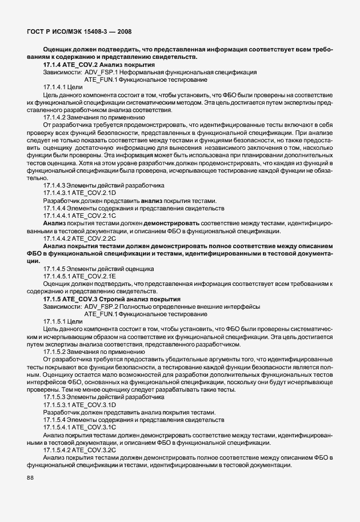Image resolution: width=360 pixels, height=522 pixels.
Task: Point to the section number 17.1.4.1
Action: coord(55,87)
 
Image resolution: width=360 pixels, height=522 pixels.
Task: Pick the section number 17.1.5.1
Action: coord(55,321)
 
